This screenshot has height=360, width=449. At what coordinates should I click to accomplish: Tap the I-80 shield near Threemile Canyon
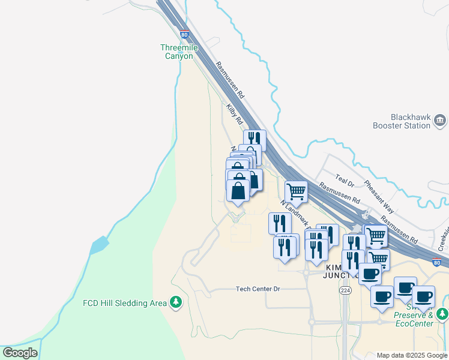point(184,35)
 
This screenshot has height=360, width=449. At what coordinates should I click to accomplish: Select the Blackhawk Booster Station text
point(410,121)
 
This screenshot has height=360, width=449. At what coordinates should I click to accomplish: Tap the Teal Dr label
point(345,179)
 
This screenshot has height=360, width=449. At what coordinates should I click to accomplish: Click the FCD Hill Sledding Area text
point(124,303)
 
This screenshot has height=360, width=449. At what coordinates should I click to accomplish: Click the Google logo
point(20,352)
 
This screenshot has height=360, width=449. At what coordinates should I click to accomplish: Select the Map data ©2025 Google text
point(412,355)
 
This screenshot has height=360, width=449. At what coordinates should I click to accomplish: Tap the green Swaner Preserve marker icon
point(442,313)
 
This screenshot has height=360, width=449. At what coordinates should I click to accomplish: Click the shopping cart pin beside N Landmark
point(296,192)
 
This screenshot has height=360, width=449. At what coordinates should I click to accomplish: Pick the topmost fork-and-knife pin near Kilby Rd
point(255,139)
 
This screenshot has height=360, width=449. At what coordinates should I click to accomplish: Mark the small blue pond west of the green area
point(99,245)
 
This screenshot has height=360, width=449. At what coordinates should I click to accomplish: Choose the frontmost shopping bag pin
point(238,191)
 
